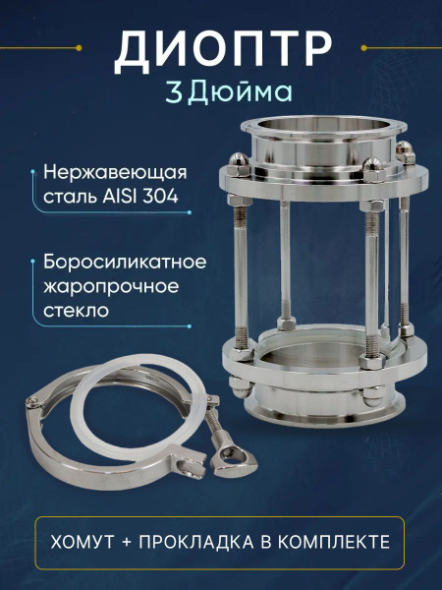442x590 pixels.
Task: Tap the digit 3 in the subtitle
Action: (174, 92)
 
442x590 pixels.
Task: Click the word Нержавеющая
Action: (115, 174)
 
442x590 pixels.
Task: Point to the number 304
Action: (160, 197)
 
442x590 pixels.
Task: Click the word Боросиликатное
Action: (125, 262)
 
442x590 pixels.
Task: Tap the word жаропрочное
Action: (111, 287)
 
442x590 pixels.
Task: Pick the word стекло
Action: (76, 311)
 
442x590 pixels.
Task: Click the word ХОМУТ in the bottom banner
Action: (83, 542)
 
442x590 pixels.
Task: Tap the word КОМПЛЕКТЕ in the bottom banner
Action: (334, 542)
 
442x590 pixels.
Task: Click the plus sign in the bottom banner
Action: (127, 543)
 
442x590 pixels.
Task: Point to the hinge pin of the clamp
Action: (33, 401)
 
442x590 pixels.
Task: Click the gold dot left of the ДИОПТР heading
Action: (79, 48)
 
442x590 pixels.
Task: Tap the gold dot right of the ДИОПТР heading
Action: (363, 48)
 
